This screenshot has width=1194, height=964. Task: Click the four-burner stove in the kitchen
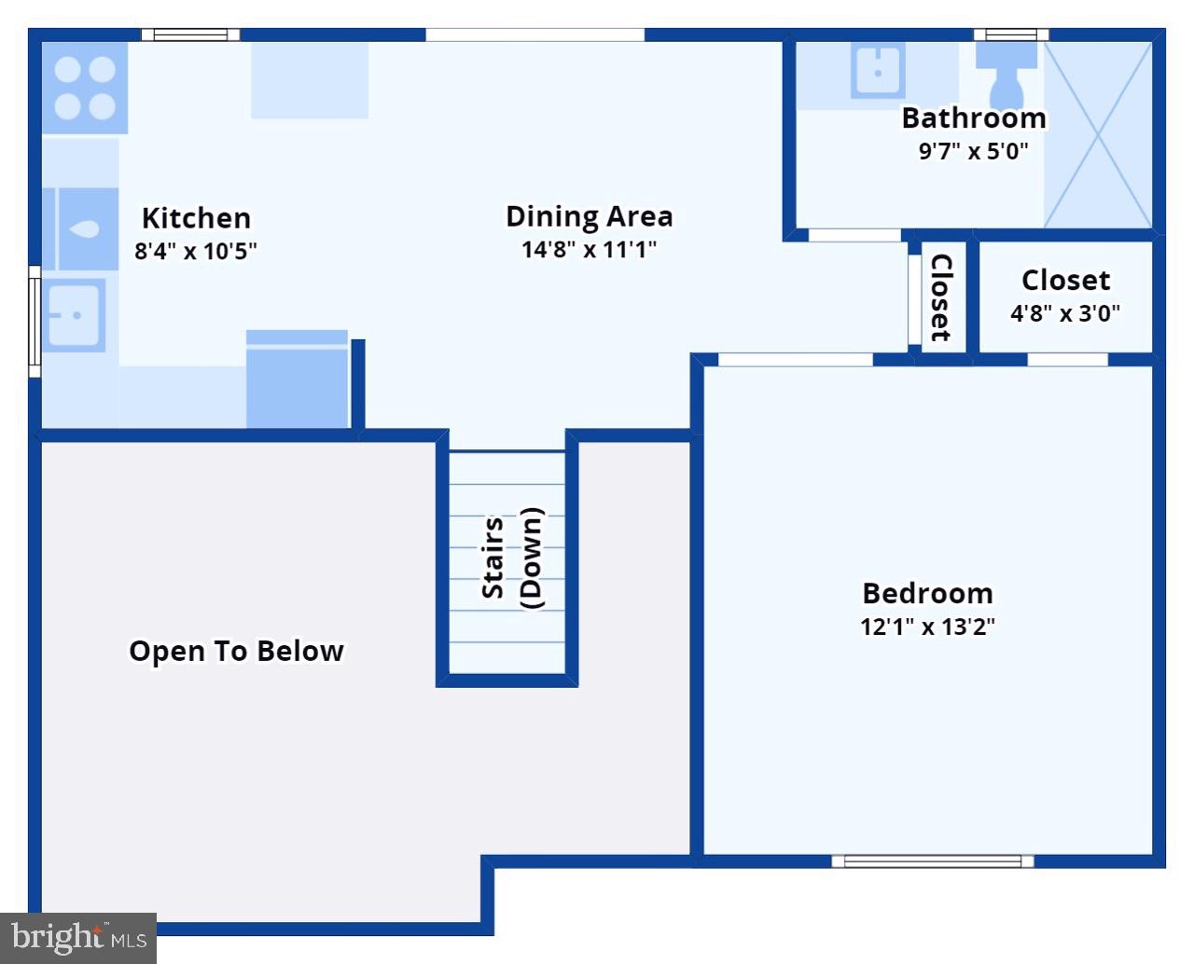click(x=85, y=89)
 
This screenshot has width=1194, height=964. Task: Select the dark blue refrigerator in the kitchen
click(x=297, y=382)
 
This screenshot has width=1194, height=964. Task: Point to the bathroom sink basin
click(x=878, y=71)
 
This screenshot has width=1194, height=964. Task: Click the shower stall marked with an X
click(x=1098, y=135)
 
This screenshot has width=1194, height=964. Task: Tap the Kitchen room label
click(x=196, y=218)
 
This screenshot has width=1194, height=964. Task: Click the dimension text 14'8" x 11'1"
click(x=589, y=249)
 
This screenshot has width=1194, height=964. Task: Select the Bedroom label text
click(x=927, y=593)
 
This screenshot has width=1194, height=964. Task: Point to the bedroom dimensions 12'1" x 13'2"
click(x=927, y=627)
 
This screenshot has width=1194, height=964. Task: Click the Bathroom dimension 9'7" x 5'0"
click(x=973, y=151)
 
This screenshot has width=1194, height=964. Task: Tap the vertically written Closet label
click(x=941, y=297)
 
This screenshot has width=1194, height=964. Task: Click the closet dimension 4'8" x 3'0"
click(x=1065, y=313)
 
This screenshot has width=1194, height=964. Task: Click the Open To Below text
click(x=236, y=651)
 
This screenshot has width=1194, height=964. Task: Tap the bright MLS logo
click(x=78, y=937)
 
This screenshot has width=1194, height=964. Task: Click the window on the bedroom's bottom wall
click(x=932, y=861)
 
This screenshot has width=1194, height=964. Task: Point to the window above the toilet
click(x=1011, y=35)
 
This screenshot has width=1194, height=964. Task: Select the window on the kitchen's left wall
click(x=35, y=321)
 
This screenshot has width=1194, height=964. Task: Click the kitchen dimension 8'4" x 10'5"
click(x=196, y=251)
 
